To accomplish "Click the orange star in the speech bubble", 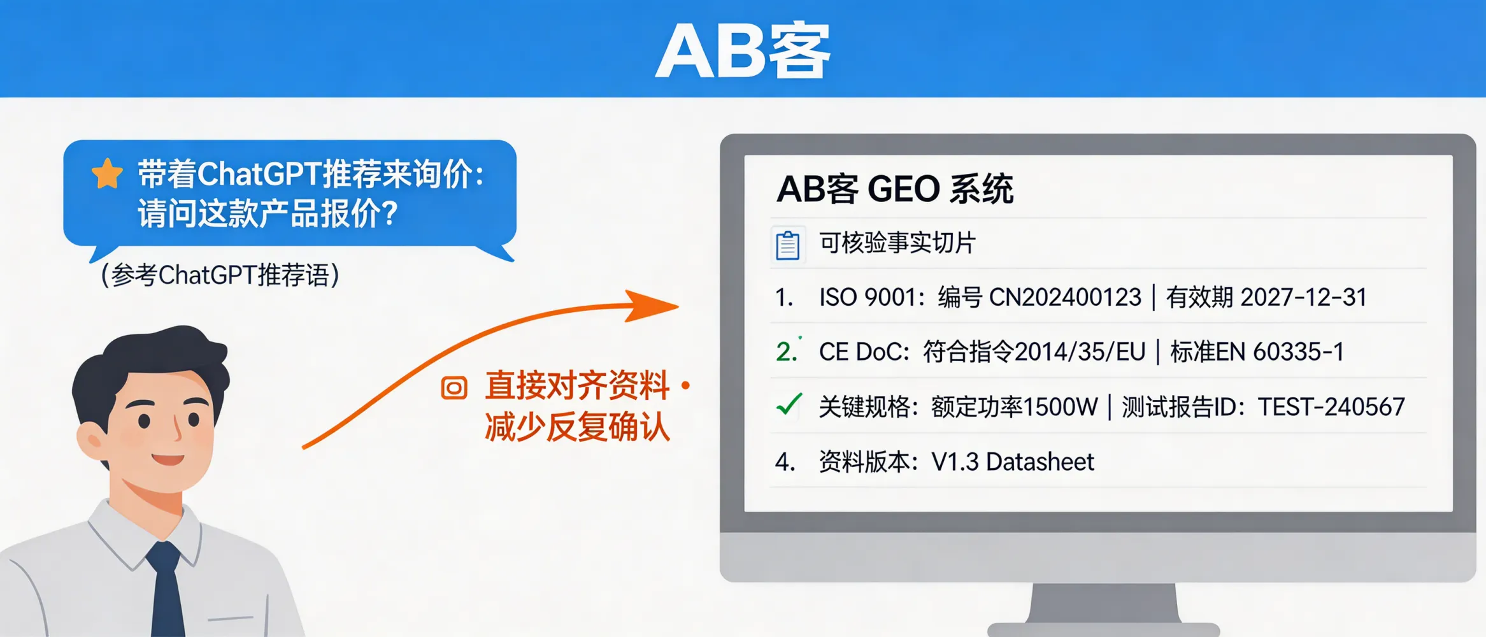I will (107, 173).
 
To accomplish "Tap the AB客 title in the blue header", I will (743, 51).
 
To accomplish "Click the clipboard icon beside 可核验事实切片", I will (788, 245).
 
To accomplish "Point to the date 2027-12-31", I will (1303, 297).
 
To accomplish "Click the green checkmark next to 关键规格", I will (789, 404).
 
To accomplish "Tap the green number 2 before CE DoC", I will (785, 352).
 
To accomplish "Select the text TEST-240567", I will (1331, 406).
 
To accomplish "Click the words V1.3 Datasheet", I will (1013, 462).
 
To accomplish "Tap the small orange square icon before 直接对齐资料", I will (454, 387).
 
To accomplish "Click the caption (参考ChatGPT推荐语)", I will (220, 275).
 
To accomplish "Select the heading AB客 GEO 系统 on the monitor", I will (894, 189).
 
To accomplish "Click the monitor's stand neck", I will (1104, 602).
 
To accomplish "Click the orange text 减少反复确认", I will (577, 427).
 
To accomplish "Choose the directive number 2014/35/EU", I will (1080, 352).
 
